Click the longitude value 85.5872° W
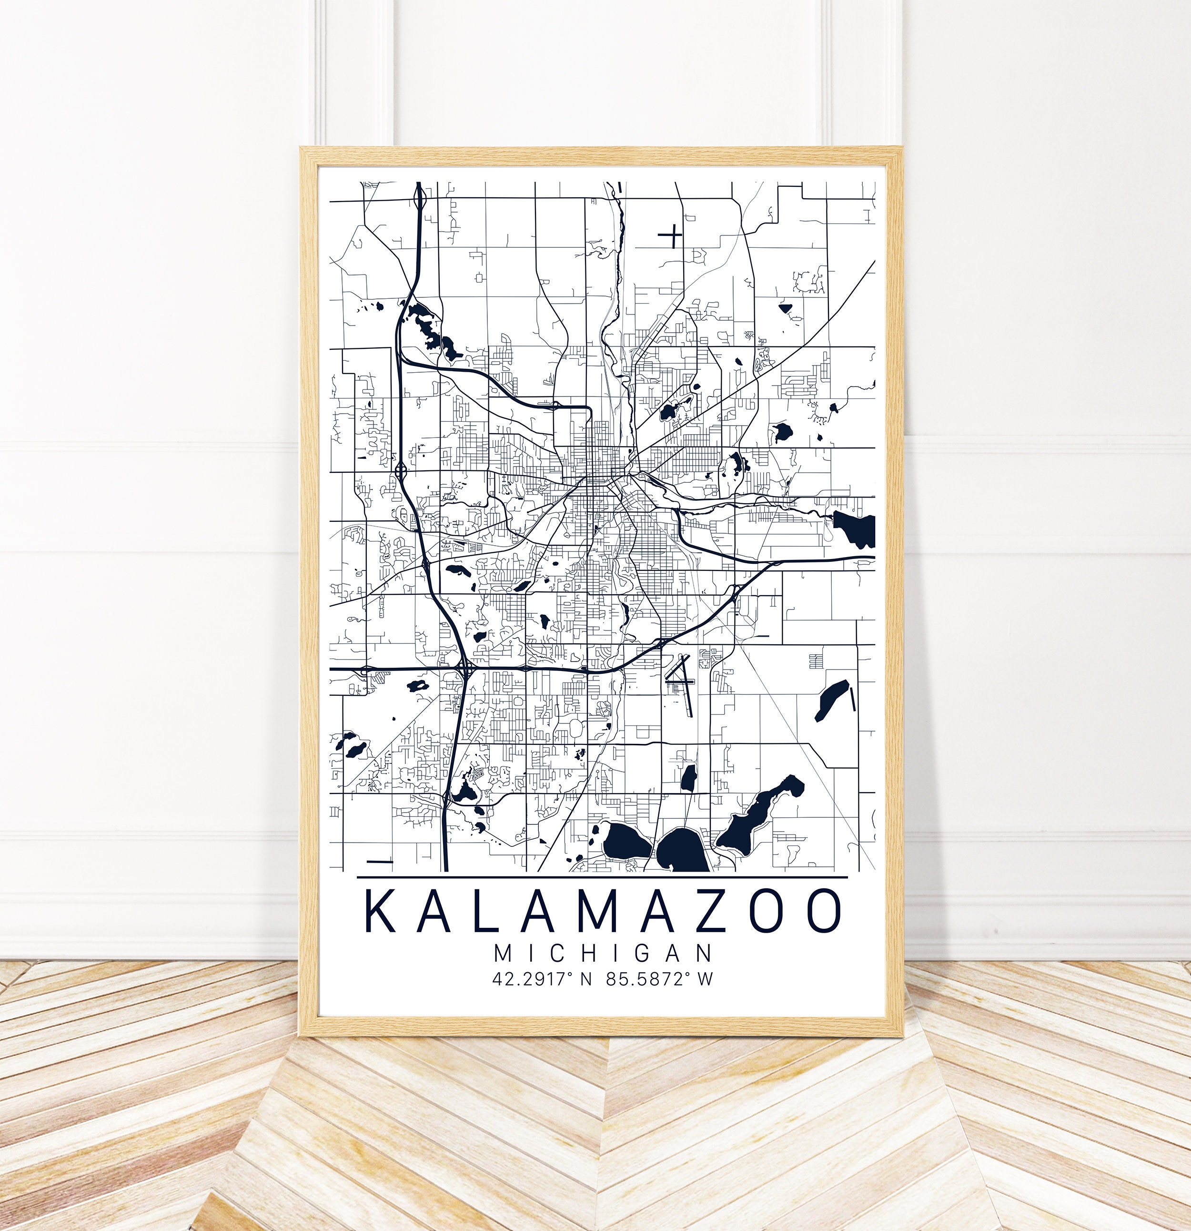pyautogui.click(x=660, y=979)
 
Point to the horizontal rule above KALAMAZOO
pyautogui.click(x=602, y=877)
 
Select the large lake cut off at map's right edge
pyautogui.click(x=855, y=528)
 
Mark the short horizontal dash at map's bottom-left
pyautogui.click(x=379, y=861)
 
